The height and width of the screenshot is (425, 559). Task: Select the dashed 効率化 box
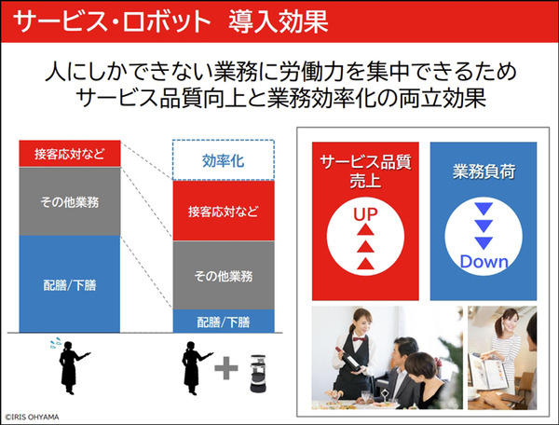[223, 160]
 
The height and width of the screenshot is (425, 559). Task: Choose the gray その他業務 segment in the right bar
[223, 275]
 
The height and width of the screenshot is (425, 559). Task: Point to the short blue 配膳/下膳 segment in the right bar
[223, 322]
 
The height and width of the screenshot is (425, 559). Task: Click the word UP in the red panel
[362, 213]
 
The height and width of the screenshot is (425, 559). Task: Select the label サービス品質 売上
[362, 168]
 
